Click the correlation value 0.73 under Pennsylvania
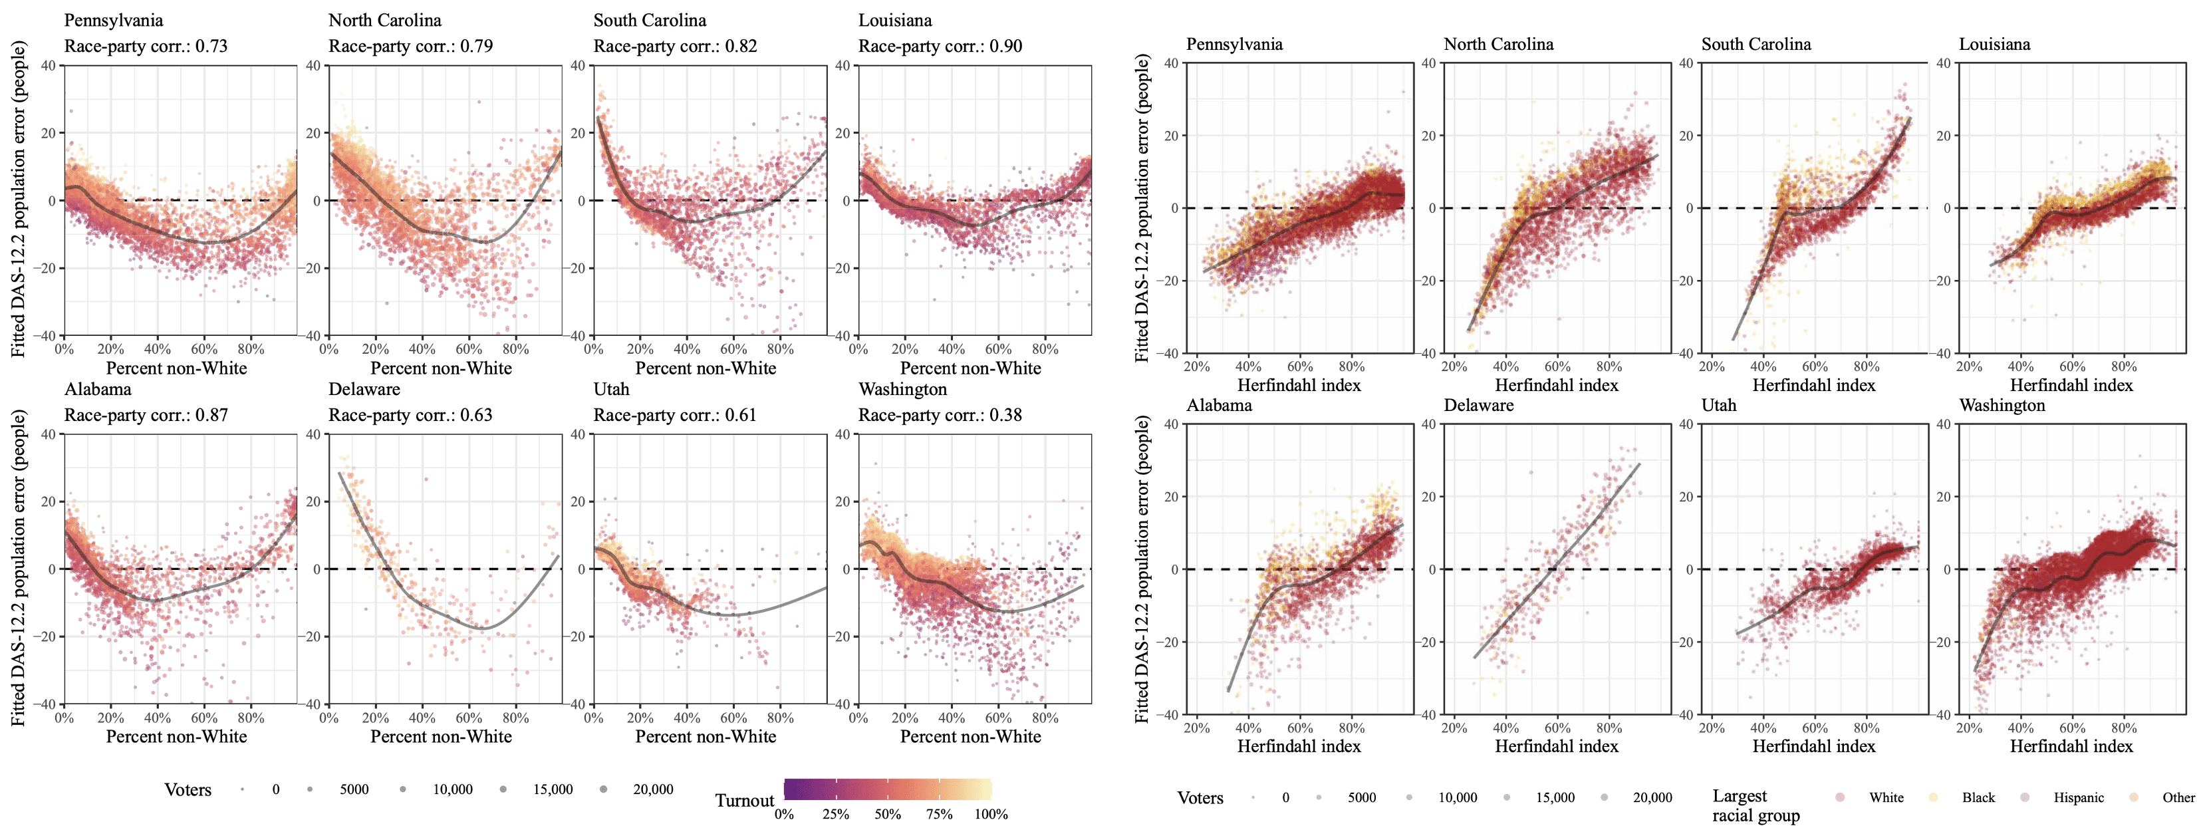point(211,47)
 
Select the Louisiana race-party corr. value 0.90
point(1005,47)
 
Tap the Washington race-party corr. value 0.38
point(1005,415)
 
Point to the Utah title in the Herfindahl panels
point(1718,405)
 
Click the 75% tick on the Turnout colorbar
point(939,814)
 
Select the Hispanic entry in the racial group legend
point(2078,797)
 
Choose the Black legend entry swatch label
point(1978,797)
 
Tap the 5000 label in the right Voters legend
point(1361,797)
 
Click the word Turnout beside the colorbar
point(744,800)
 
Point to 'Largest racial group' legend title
point(1755,805)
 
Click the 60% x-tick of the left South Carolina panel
point(733,349)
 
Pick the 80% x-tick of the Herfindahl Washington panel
point(2123,728)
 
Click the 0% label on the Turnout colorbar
point(784,814)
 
